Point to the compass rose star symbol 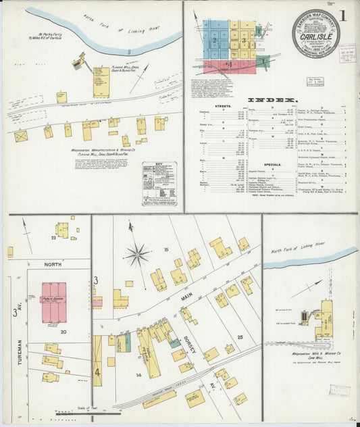pos(137,255)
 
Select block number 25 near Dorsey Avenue pos(239,336)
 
